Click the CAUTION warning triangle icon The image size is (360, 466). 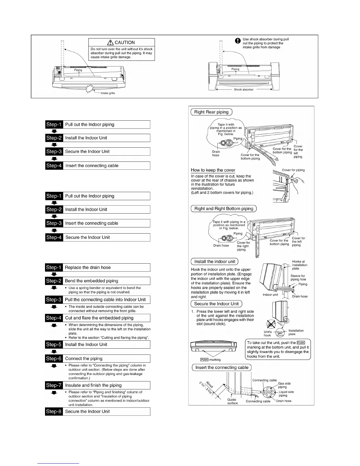[111, 42]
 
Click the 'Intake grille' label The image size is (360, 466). [108, 93]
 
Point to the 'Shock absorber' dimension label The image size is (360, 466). [244, 89]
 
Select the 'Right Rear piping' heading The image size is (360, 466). [211, 112]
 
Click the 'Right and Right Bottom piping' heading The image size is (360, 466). [224, 209]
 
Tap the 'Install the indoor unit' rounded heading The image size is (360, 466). [215, 262]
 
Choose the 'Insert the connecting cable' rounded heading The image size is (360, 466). [222, 367]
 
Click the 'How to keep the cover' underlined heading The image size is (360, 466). [213, 170]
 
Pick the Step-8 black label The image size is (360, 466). [54, 411]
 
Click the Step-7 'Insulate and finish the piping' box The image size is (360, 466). [106, 385]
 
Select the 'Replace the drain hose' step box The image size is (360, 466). [106, 267]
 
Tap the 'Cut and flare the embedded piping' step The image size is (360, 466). [106, 318]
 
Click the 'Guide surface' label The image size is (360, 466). [232, 401]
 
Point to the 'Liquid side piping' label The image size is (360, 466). [286, 394]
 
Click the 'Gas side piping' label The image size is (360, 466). [284, 385]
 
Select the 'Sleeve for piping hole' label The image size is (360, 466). [298, 278]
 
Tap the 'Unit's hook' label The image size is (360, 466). [267, 334]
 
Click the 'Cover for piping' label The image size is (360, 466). [293, 170]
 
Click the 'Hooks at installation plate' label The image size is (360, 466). [299, 265]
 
